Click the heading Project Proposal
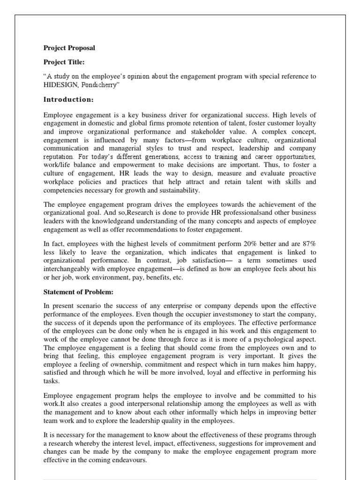(69, 48)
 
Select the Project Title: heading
(65, 62)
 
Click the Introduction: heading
(69, 99)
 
